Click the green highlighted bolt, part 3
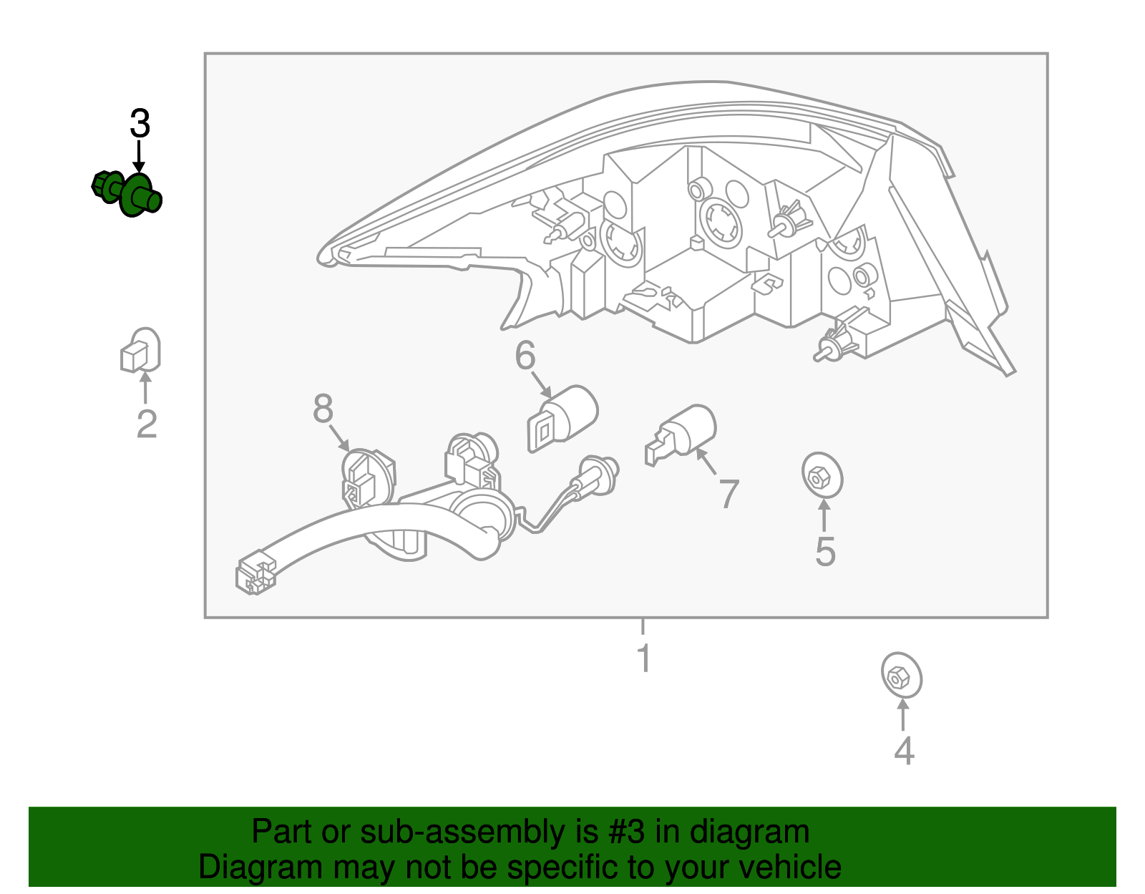click(127, 194)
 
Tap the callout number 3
click(140, 125)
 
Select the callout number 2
click(147, 424)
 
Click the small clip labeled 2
click(140, 350)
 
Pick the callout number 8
click(323, 408)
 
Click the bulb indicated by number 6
click(562, 418)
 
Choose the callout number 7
click(729, 494)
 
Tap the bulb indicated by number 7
click(681, 434)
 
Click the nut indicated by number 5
click(822, 475)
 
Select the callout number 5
click(825, 552)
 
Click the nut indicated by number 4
click(902, 676)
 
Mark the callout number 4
click(905, 751)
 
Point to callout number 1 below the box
click(644, 658)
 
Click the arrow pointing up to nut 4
click(902, 715)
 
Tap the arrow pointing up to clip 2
click(145, 387)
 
